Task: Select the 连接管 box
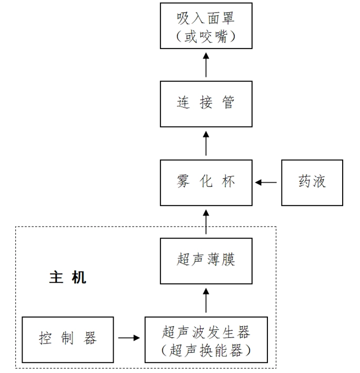tap(206, 104)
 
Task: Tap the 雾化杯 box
tap(206, 182)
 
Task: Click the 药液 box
tap(312, 182)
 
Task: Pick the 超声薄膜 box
tap(206, 261)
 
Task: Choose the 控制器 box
tap(68, 339)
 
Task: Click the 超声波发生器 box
tap(206, 339)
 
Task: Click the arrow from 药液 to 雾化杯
tap(266, 183)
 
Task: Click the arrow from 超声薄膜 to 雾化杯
tap(206, 221)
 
